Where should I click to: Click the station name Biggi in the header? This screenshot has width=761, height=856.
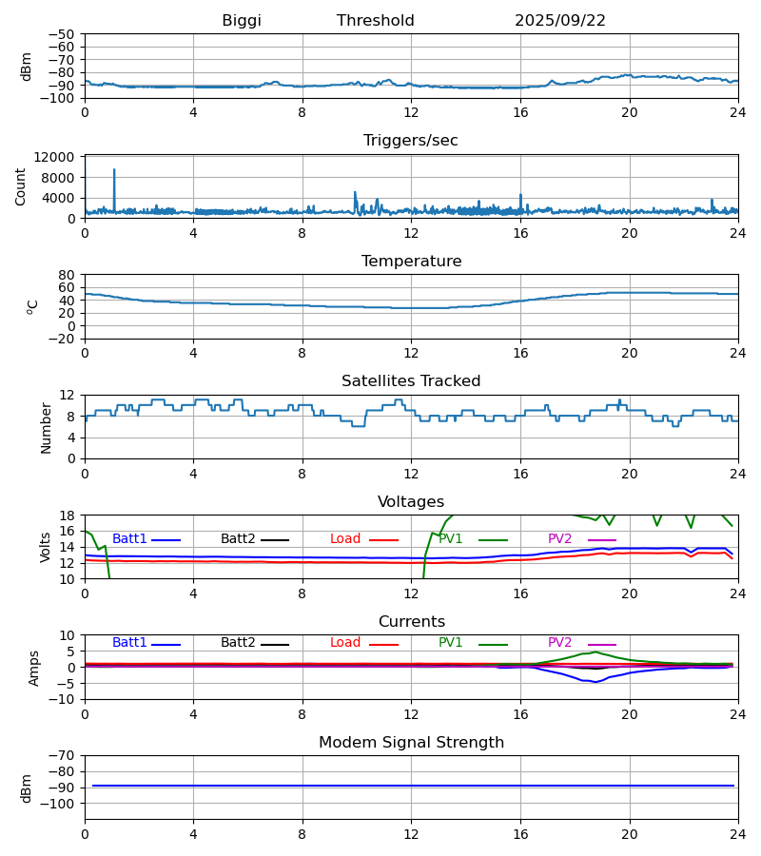pyautogui.click(x=242, y=21)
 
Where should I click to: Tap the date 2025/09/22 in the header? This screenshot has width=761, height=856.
pyautogui.click(x=560, y=21)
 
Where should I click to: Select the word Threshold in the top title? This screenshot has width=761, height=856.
pyautogui.click(x=376, y=21)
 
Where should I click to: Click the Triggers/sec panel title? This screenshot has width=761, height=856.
pyautogui.click(x=411, y=141)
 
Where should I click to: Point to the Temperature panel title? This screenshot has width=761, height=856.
pyautogui.click(x=411, y=262)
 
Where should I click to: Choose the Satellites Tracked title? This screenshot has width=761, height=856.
pyautogui.click(x=411, y=381)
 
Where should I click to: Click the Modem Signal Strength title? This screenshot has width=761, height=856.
pyautogui.click(x=411, y=743)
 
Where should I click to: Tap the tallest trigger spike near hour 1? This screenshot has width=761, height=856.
pyautogui.click(x=114, y=170)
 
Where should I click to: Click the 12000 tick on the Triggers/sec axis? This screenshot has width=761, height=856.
pyautogui.click(x=61, y=157)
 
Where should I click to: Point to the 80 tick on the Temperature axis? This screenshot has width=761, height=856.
pyautogui.click(x=68, y=275)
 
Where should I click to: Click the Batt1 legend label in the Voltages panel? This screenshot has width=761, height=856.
pyautogui.click(x=129, y=539)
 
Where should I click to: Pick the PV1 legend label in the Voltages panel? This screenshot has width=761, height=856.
pyautogui.click(x=450, y=539)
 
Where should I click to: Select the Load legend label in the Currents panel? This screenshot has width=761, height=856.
pyautogui.click(x=345, y=643)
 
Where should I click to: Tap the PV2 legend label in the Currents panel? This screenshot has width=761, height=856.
pyautogui.click(x=559, y=643)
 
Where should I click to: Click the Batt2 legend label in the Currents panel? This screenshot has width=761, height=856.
pyautogui.click(x=238, y=643)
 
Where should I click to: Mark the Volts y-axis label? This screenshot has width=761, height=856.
pyautogui.click(x=46, y=547)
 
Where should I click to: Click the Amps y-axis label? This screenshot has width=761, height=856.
pyautogui.click(x=34, y=668)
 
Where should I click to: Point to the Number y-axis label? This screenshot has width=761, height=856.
pyautogui.click(x=46, y=427)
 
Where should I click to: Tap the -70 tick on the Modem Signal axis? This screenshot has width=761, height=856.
pyautogui.click(x=64, y=755)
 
